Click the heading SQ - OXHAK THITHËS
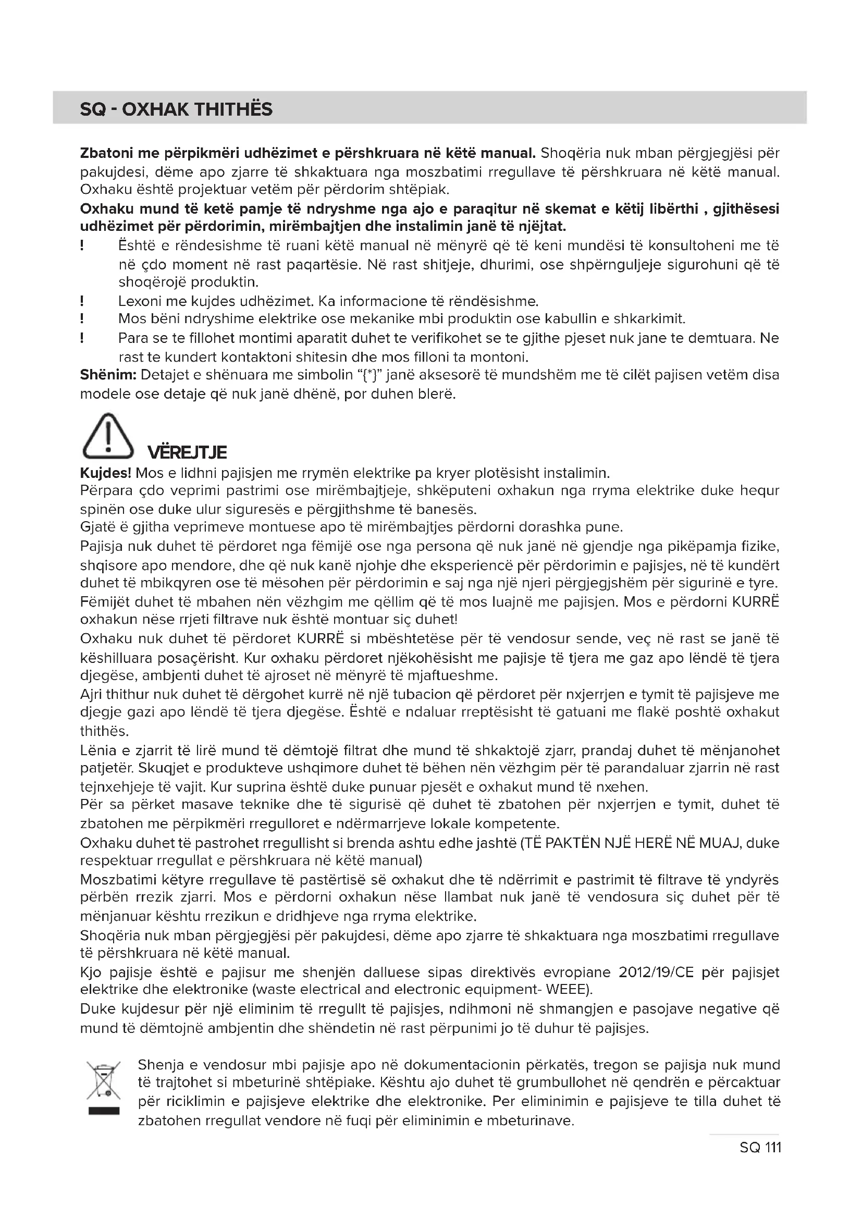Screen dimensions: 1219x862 click(176, 109)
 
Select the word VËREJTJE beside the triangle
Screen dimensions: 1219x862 click(187, 452)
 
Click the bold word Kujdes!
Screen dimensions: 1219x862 click(106, 473)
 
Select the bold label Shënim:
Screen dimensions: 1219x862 click(108, 375)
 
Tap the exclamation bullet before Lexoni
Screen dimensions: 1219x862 click(82, 302)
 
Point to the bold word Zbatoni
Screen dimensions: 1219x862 click(106, 153)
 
